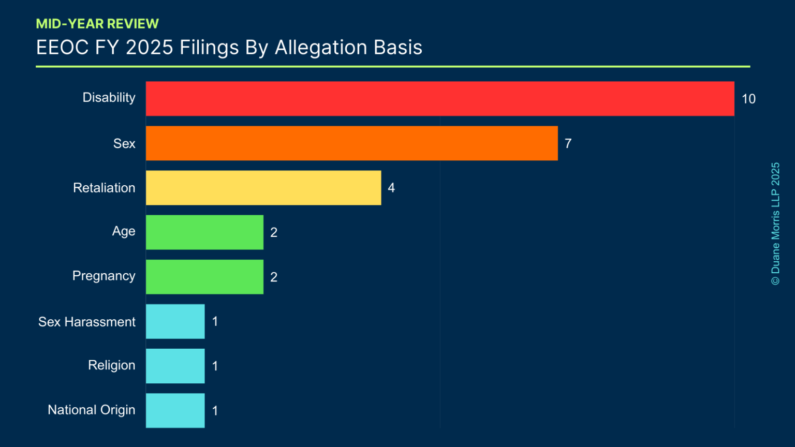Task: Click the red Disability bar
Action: tap(440, 98)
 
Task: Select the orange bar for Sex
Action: tap(352, 143)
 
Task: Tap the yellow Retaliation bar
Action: tap(263, 188)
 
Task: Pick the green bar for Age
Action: tap(204, 232)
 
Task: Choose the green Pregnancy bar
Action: tap(204, 277)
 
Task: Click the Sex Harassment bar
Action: tap(175, 321)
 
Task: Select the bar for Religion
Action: tap(175, 366)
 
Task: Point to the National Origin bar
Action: tap(175, 410)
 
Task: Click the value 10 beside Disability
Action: tap(748, 99)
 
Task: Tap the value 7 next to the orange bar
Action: tap(568, 143)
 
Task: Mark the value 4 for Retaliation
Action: tap(391, 188)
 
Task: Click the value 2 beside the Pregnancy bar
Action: tap(274, 277)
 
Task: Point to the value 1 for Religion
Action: tap(215, 366)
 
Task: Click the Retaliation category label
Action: tap(104, 188)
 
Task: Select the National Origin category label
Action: tap(92, 410)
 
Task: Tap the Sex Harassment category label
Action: tap(87, 322)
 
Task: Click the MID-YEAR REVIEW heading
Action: tap(97, 24)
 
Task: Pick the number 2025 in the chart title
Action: tap(149, 48)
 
